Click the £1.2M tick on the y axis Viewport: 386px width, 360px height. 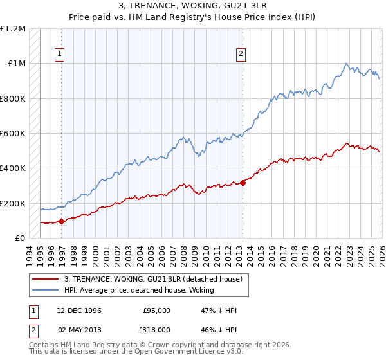click(x=14, y=29)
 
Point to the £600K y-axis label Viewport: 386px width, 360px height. click(x=14, y=134)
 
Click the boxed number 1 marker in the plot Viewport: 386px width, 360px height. click(x=59, y=55)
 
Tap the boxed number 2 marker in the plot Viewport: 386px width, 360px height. click(x=241, y=55)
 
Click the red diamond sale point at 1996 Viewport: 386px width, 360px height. click(x=62, y=221)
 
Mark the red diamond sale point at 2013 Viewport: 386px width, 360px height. click(x=243, y=183)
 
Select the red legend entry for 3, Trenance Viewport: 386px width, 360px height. click(x=152, y=278)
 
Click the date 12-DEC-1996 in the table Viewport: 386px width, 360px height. click(x=77, y=310)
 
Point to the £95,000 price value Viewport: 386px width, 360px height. click(x=156, y=310)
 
